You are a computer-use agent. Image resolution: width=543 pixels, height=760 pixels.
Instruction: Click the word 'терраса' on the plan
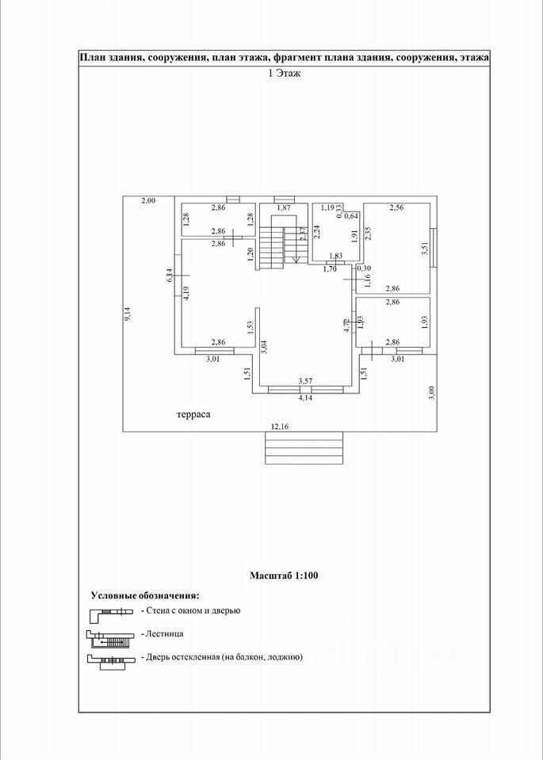(193, 413)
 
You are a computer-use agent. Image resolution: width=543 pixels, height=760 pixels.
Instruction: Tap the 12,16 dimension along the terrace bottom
(280, 427)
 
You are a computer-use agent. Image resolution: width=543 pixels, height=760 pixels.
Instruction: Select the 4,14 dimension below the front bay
(305, 398)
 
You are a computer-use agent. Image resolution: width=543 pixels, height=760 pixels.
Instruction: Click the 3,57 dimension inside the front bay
(305, 382)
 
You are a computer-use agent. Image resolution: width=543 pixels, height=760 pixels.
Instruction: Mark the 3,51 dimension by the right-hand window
(425, 248)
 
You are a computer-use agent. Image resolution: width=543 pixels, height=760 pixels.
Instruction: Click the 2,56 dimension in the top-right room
(396, 207)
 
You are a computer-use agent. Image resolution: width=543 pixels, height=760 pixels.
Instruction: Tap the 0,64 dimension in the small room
(352, 216)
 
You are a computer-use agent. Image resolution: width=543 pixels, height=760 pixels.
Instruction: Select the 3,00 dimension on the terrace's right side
(431, 393)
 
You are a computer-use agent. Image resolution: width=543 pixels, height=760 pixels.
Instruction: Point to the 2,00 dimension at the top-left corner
(148, 200)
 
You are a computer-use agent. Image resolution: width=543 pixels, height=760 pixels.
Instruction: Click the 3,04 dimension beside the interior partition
(263, 345)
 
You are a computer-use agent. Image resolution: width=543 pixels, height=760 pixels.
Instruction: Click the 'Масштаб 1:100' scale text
(284, 576)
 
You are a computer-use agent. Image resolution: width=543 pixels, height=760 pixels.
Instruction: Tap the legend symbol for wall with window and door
(109, 611)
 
